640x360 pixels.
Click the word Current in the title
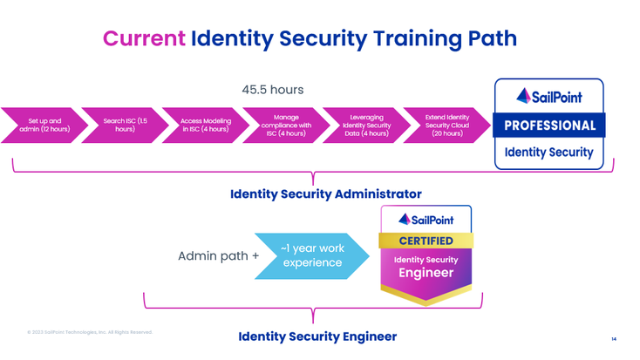click(144, 38)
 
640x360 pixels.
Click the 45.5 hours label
click(272, 90)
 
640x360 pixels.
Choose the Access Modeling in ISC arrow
click(205, 126)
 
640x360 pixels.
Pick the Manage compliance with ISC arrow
click(286, 126)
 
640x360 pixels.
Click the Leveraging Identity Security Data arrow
click(366, 126)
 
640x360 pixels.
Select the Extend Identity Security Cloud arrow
click(447, 126)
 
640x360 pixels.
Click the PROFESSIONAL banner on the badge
click(549, 125)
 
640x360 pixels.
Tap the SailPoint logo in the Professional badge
click(549, 96)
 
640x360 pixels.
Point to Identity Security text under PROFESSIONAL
click(549, 153)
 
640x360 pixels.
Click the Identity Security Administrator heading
click(325, 194)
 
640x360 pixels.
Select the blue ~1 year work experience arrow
click(310, 255)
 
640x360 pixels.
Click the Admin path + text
click(218, 256)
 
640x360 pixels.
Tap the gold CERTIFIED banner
click(426, 241)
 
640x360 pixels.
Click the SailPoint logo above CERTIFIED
click(426, 220)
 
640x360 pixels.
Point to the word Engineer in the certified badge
click(426, 273)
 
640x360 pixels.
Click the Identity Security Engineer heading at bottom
click(317, 336)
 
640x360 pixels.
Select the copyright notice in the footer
click(90, 332)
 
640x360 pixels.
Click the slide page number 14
click(614, 338)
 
